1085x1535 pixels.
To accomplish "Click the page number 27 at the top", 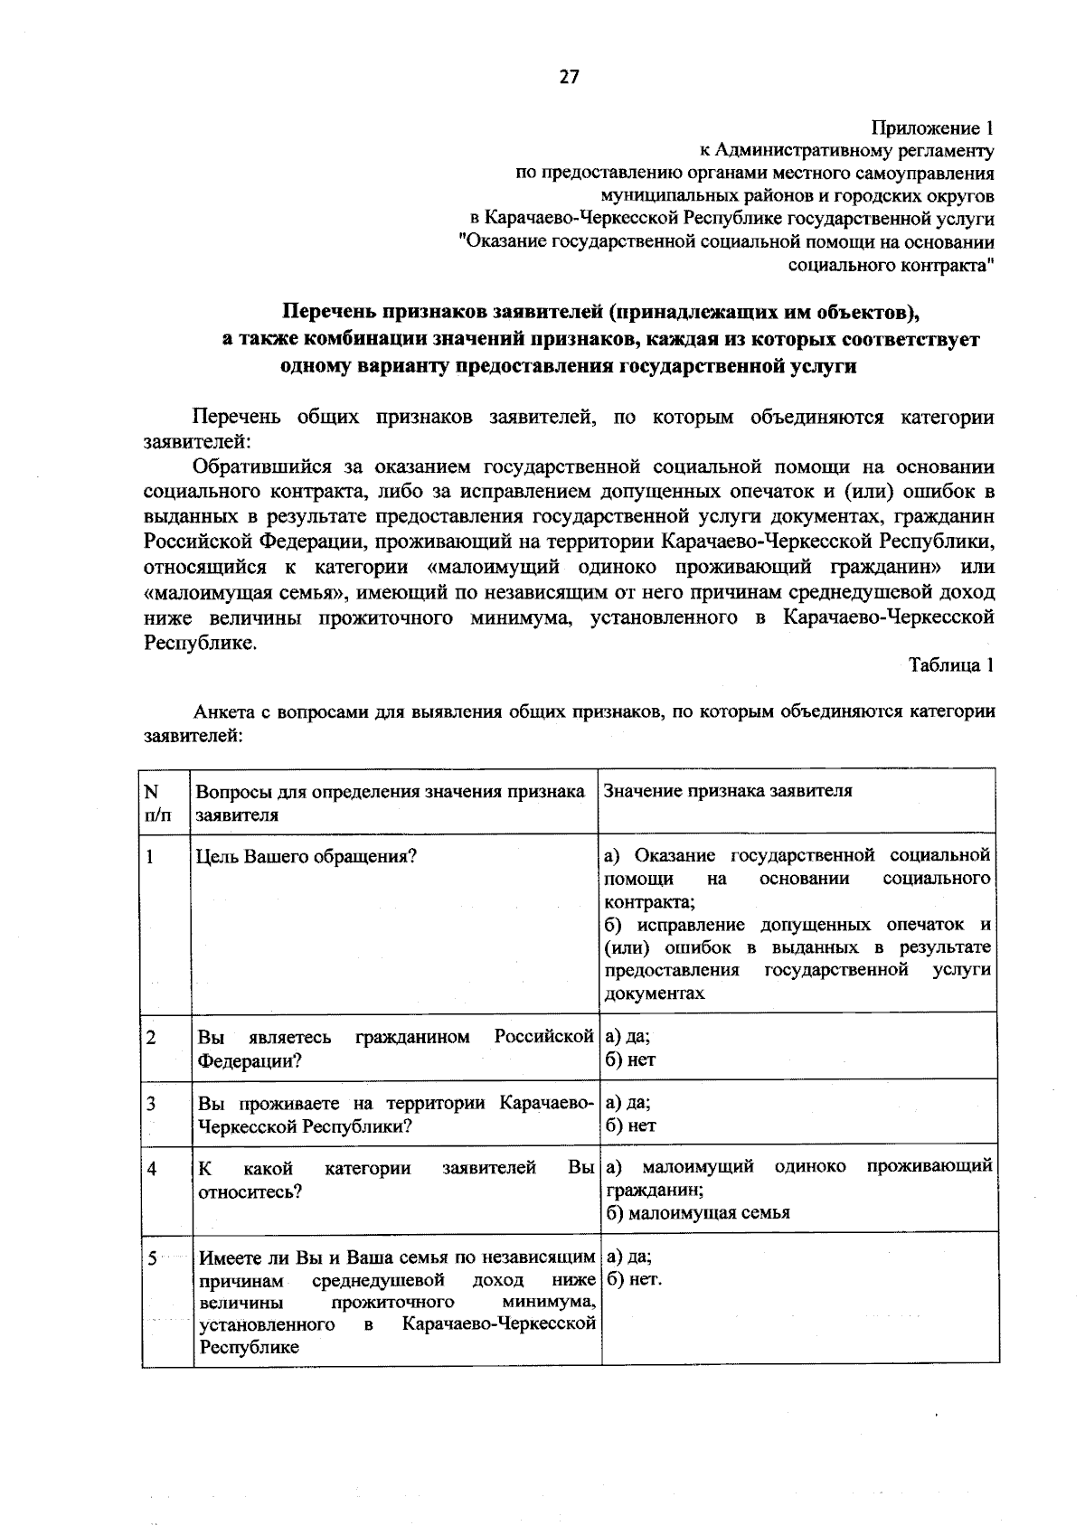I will tap(569, 77).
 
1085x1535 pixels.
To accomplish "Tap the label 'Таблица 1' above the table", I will tap(951, 665).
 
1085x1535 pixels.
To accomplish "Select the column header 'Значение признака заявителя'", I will tap(728, 791).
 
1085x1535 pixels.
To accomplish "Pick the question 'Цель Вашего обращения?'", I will tap(307, 856).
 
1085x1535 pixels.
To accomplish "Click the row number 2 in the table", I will tap(151, 1037).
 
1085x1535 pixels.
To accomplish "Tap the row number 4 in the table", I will tap(152, 1169).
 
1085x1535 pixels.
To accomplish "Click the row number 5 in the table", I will tap(153, 1257).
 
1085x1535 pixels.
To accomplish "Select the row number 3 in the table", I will tap(151, 1104).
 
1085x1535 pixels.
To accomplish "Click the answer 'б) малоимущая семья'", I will tap(697, 1212).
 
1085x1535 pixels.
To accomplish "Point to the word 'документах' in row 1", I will tap(655, 993).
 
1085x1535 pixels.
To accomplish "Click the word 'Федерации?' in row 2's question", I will tap(250, 1059).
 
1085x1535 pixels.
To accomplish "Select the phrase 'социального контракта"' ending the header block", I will tap(892, 266).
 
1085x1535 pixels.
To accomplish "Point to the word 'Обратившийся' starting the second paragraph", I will tap(262, 467).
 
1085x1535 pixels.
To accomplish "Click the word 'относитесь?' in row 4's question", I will tap(250, 1191).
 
